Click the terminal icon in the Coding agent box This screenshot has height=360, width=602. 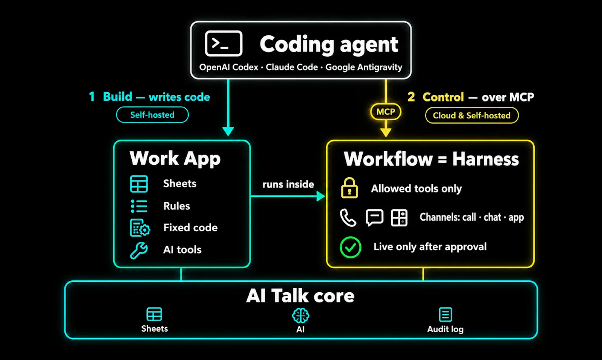point(223,44)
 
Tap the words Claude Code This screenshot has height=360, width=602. point(292,67)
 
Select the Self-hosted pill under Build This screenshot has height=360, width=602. point(152,115)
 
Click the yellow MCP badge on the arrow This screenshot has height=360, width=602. point(386,111)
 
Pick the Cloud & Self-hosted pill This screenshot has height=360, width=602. point(472,115)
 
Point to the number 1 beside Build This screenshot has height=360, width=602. point(92,96)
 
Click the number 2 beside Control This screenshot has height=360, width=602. point(411,97)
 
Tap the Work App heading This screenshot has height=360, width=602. point(175,158)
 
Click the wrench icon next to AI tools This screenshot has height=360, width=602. point(139,251)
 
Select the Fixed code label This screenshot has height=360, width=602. point(190,228)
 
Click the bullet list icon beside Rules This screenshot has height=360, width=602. point(139,206)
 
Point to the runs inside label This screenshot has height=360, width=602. point(288,184)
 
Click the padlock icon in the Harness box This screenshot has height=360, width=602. point(350,187)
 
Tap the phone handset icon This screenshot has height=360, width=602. point(348,218)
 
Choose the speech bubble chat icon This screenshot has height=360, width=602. point(374,217)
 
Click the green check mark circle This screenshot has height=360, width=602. point(350,247)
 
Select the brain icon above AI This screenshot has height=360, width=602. point(301,316)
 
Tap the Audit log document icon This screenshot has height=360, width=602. point(445,314)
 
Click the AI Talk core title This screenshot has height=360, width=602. point(300,296)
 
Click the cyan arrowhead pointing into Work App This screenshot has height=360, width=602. point(228,131)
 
